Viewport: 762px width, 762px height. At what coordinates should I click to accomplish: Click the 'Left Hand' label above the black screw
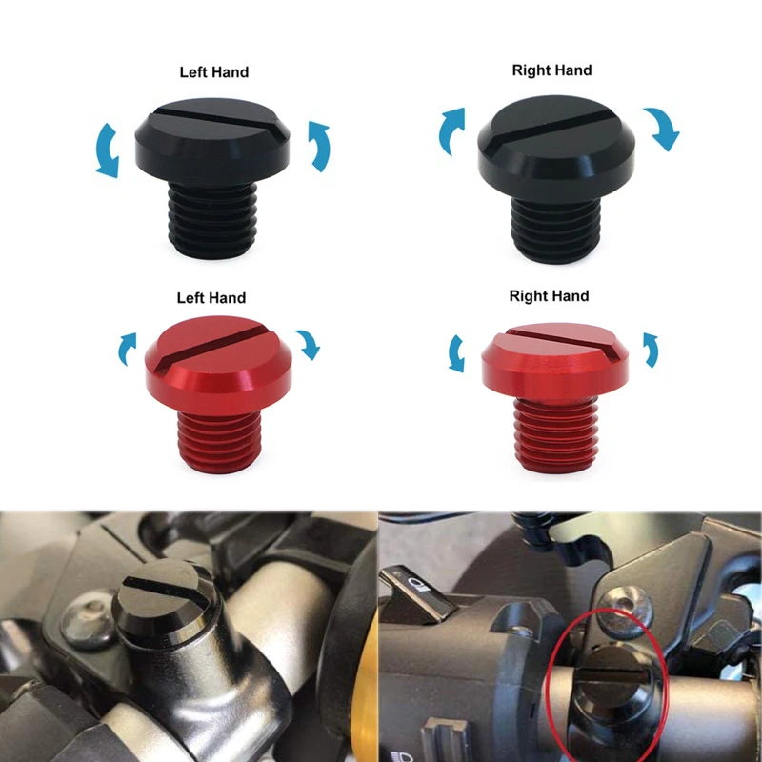pyautogui.click(x=214, y=72)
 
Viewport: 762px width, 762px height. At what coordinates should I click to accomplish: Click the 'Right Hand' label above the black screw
pyautogui.click(x=551, y=70)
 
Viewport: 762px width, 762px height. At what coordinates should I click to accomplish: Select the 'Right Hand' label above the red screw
pyautogui.click(x=549, y=296)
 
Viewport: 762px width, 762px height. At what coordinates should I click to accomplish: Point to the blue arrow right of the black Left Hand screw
pyautogui.click(x=319, y=146)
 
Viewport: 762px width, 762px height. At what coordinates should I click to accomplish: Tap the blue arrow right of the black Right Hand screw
pyautogui.click(x=660, y=128)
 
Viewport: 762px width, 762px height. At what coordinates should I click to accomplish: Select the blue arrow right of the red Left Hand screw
pyautogui.click(x=308, y=344)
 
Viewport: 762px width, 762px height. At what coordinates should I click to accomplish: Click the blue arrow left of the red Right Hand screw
pyautogui.click(x=457, y=353)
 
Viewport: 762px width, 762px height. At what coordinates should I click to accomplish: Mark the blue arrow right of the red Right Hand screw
pyautogui.click(x=651, y=350)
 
